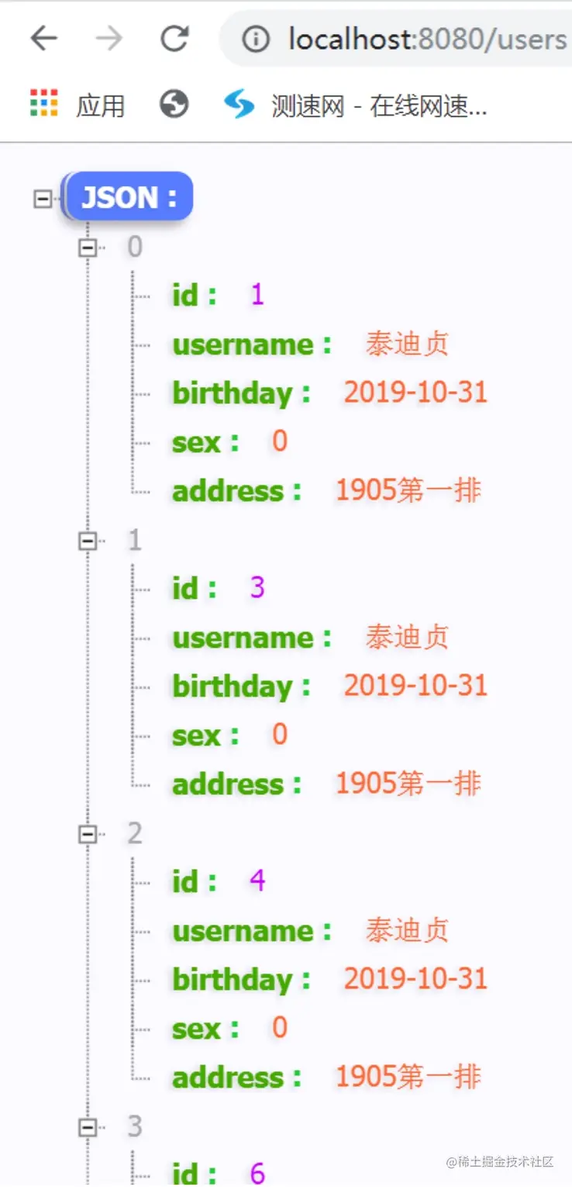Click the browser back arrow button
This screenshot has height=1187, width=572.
[44, 38]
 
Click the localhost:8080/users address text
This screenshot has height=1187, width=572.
[427, 39]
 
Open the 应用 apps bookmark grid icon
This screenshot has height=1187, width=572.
[44, 103]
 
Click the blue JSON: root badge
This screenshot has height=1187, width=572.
[129, 197]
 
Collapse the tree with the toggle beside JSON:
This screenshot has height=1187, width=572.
[43, 199]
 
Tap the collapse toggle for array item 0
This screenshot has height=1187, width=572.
[88, 247]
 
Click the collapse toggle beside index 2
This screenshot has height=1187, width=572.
[88, 834]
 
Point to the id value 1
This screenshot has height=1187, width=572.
[257, 296]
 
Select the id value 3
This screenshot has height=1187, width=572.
[257, 589]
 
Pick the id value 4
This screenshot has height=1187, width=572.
[257, 881]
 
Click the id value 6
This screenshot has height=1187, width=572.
[257, 1173]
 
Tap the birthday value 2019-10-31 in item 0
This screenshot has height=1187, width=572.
[415, 393]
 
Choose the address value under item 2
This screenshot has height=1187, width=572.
[408, 1077]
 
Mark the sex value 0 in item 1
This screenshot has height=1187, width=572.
[280, 735]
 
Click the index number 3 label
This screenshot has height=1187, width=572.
[135, 1126]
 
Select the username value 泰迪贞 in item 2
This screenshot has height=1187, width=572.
[407, 931]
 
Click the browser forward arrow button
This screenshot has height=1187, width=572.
[109, 38]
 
